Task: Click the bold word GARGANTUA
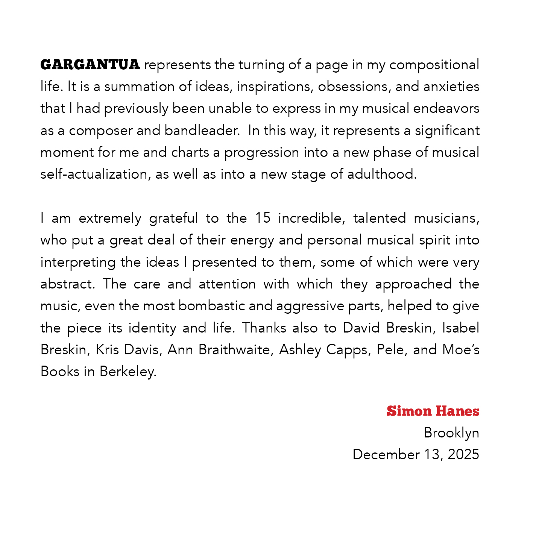[x=90, y=65]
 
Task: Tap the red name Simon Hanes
[x=433, y=411]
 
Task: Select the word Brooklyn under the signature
[x=451, y=433]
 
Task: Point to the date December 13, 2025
[x=416, y=454]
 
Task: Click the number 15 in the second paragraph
[x=263, y=218]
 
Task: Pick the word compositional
[x=434, y=65]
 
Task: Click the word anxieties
[x=451, y=87]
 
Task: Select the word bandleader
[x=202, y=131]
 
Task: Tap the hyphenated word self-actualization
[x=94, y=174]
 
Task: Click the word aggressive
[x=310, y=306]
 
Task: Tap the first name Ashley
[x=300, y=350]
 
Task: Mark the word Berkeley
[x=128, y=372]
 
